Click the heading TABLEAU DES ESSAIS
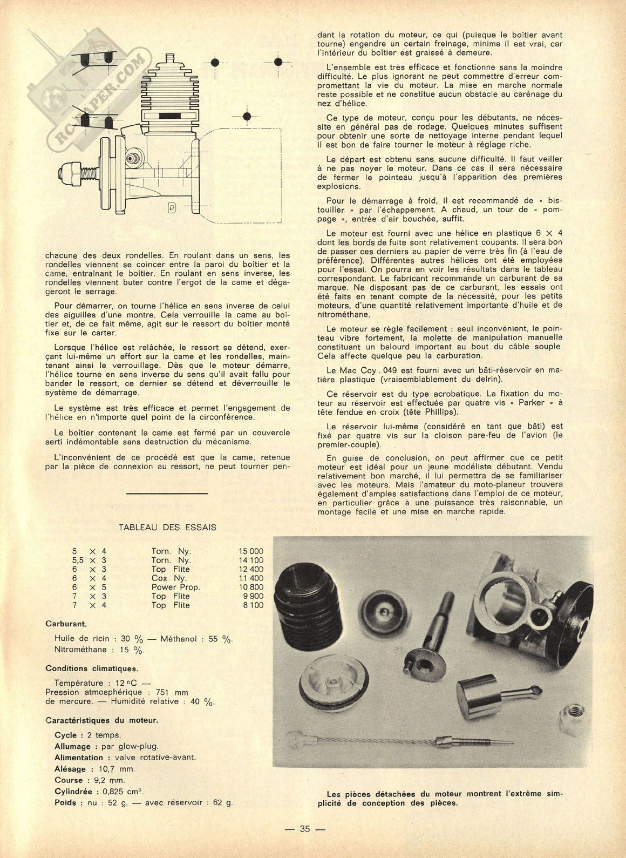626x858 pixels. [x=167, y=527]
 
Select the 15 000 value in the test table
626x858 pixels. [x=251, y=551]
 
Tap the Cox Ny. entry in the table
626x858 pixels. [x=169, y=578]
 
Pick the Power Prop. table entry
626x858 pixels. [x=175, y=587]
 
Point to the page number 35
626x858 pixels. [x=304, y=829]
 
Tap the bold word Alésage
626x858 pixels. [x=70, y=769]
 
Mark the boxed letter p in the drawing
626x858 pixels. [x=172, y=207]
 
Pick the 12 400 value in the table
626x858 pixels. [x=251, y=569]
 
